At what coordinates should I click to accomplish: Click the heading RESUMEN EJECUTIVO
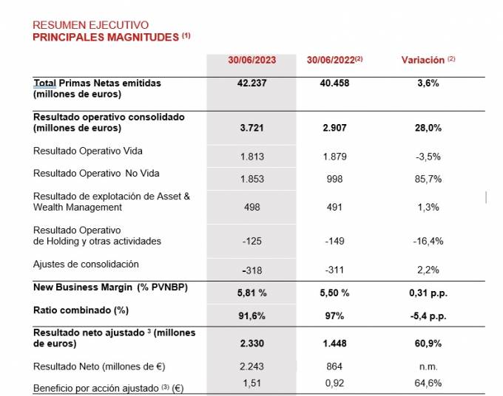tap(91, 25)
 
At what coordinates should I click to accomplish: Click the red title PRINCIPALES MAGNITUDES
tap(106, 37)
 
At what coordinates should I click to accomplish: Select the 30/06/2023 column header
tap(251, 60)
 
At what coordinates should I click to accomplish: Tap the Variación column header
tap(428, 60)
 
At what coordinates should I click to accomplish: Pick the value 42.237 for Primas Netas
tap(251, 83)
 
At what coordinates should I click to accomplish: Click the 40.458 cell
tap(334, 83)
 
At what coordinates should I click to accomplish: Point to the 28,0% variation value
tap(428, 128)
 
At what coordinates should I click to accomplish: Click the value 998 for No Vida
tap(334, 180)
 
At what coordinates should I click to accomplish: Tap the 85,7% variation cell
tap(428, 180)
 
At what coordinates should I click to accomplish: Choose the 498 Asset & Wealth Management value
tap(251, 208)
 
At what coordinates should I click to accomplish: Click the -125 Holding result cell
tap(251, 242)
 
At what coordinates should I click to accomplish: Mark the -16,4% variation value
tap(428, 242)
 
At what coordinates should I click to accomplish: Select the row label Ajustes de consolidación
tap(86, 264)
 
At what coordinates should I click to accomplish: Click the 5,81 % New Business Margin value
tap(251, 293)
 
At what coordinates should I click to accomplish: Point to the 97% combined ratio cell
tap(334, 315)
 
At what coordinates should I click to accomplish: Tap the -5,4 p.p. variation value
tap(428, 315)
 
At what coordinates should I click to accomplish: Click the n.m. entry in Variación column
tap(428, 366)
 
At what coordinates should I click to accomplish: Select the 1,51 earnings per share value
tap(251, 383)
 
